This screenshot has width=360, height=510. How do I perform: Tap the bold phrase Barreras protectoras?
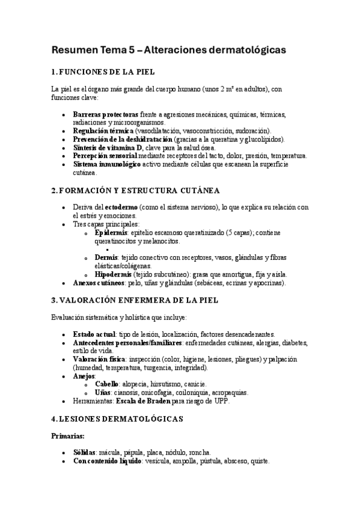pyautogui.click(x=105, y=114)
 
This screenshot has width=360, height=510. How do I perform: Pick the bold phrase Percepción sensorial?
pyautogui.click(x=107, y=155)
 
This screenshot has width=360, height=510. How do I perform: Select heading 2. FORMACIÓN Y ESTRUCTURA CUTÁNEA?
pyautogui.click(x=135, y=191)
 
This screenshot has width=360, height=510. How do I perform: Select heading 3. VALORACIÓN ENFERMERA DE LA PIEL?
pyautogui.click(x=135, y=300)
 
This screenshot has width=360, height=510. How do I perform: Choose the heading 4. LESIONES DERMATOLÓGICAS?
pyautogui.click(x=117, y=418)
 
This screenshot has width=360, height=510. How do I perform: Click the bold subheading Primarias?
pyautogui.click(x=68, y=437)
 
